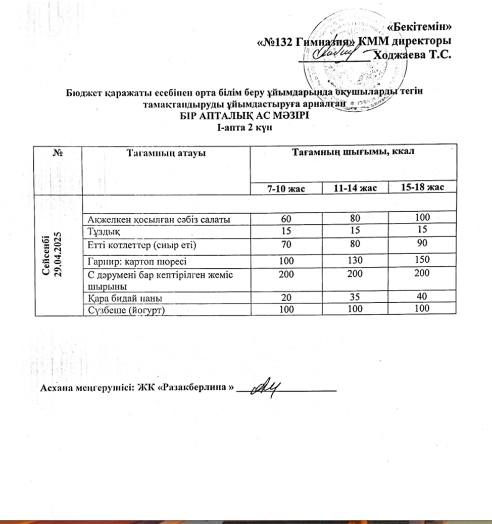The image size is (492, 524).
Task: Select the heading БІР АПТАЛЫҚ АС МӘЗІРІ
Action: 245,115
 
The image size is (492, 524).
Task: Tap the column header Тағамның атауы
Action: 166,153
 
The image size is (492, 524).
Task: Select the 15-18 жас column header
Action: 422,188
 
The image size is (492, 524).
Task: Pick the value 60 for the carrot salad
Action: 286,218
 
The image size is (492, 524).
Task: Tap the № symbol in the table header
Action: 57,153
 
